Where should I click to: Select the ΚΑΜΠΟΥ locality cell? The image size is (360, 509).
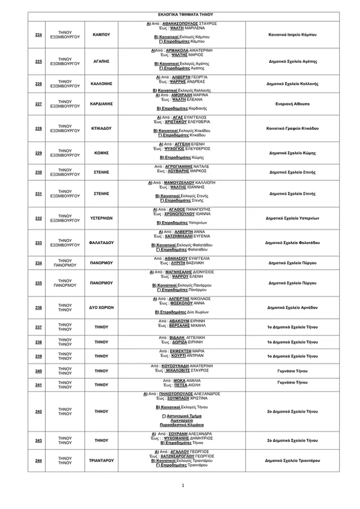pos(101,34)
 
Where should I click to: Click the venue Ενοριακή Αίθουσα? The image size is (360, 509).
pos(292,104)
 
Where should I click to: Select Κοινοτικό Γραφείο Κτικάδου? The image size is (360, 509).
pos(292,128)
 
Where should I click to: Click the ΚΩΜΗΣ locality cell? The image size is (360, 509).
pos(101,153)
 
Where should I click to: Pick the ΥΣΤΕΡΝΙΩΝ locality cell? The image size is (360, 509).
pos(101,218)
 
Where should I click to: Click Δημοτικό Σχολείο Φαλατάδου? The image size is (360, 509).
pos(292,243)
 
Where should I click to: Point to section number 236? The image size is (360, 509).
pos(39,307)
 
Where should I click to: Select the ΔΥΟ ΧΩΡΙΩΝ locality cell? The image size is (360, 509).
pos(101,307)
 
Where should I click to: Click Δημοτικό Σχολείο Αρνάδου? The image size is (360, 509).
pos(292,307)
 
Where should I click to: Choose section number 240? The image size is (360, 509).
pos(39,371)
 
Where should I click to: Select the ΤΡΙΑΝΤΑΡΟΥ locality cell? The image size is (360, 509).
pos(101,460)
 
